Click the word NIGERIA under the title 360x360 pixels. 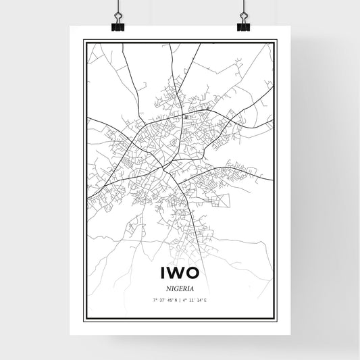tap(180, 288)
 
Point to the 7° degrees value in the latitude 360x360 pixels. tap(155, 299)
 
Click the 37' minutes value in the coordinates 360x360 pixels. tap(162, 299)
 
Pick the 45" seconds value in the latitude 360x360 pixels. tap(170, 299)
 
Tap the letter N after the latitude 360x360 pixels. tap(176, 299)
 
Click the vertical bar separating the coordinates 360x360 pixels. tap(180, 299)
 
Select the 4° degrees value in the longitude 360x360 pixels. tap(185, 299)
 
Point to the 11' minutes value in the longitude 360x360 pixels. tap(192, 299)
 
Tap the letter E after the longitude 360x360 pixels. tap(205, 299)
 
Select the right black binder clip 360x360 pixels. tap(242, 25)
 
